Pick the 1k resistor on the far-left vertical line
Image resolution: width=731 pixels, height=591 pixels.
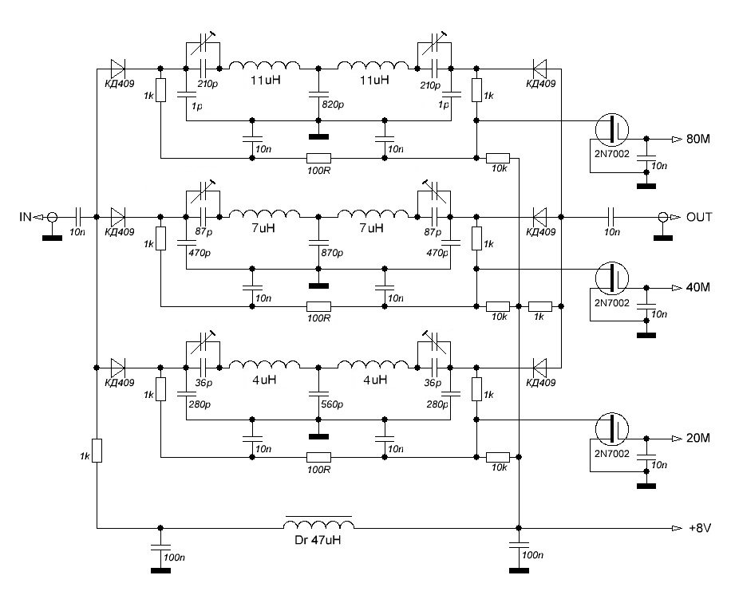coord(97,451)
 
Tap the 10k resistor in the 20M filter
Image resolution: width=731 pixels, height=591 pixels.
coord(498,456)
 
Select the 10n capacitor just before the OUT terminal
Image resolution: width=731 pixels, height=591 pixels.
coord(610,217)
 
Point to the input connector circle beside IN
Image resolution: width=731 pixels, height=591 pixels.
coord(53,217)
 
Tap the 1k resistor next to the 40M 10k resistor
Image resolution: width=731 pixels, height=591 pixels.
coord(541,306)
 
